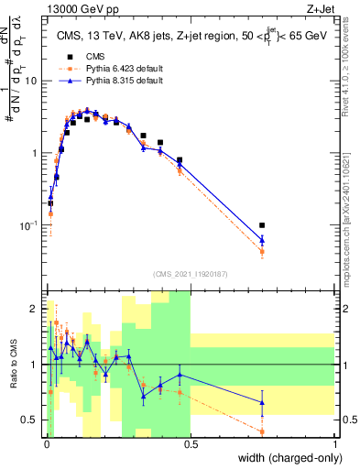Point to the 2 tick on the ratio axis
[36, 308]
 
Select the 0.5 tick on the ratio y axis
[32, 420]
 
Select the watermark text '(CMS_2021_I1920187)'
[191, 272]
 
